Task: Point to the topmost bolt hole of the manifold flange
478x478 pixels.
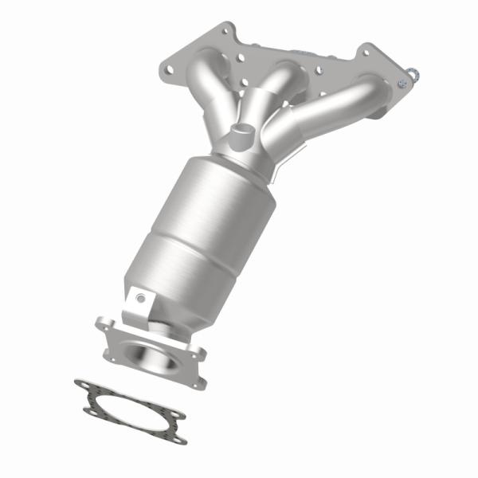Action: click(x=220, y=31)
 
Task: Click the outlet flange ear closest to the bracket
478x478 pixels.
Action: click(x=104, y=323)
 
